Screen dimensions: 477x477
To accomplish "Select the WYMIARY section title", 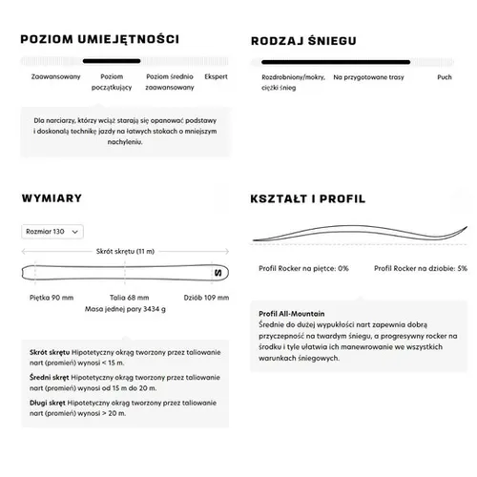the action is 52,198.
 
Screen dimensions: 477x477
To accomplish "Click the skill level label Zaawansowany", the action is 54,75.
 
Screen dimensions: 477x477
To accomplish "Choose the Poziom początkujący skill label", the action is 112,80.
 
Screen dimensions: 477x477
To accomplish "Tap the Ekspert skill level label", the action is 216,75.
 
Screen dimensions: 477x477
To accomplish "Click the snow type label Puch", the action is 445,75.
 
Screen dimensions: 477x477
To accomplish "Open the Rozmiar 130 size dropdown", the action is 52,231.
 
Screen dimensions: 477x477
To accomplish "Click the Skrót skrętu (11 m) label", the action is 125,250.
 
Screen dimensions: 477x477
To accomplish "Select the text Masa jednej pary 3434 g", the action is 125,310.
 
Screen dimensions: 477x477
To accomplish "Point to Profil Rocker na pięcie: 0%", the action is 303,268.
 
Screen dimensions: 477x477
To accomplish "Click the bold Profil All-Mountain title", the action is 291,312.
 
